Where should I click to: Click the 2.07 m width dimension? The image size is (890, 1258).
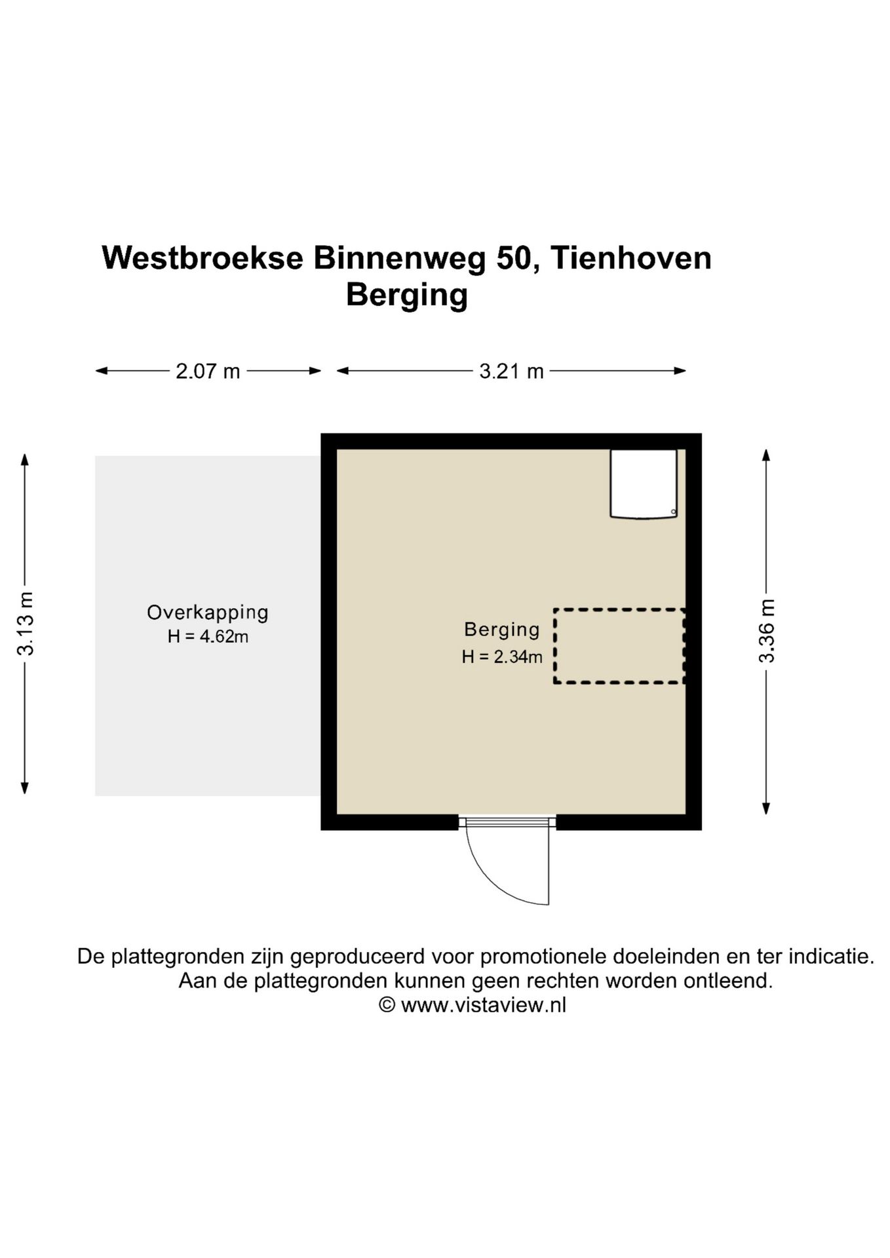[x=208, y=372]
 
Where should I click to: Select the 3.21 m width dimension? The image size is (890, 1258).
[x=511, y=372]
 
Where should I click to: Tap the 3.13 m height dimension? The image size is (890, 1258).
[x=26, y=623]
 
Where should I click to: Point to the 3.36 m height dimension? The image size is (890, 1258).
[x=766, y=631]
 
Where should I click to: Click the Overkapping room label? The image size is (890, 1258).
[x=208, y=613]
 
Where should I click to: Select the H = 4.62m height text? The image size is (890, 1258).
[x=208, y=636]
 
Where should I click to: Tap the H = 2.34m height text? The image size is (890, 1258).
[x=502, y=657]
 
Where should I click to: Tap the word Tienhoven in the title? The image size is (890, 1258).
[x=630, y=258]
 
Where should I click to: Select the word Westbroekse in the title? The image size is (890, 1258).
[x=203, y=258]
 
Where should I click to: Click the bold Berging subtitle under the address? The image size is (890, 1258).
[x=406, y=294]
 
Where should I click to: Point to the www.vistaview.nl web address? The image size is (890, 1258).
[x=483, y=1005]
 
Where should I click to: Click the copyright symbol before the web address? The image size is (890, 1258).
[x=387, y=1005]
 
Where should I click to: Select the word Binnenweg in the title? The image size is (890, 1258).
[x=400, y=258]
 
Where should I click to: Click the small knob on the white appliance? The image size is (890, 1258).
[x=673, y=512]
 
